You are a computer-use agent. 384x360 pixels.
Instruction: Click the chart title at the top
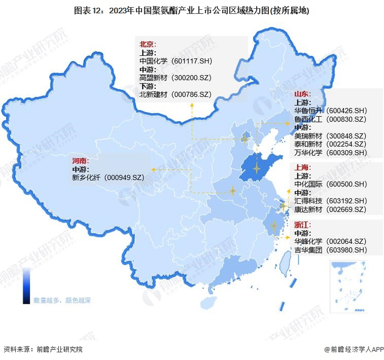coord(192,10)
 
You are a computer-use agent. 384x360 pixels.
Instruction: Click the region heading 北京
coord(147,43)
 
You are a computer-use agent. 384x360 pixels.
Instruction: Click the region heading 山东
coord(302,94)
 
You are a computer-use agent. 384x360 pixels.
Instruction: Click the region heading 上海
coord(302,167)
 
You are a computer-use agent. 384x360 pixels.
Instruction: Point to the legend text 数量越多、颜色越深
coord(61,300)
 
